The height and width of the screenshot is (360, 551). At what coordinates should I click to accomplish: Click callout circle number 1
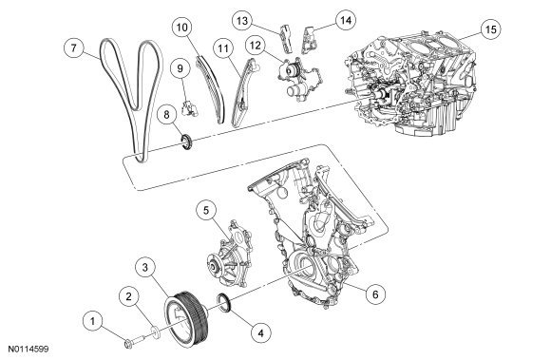(x=93, y=321)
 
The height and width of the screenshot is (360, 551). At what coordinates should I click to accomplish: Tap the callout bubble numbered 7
(x=73, y=47)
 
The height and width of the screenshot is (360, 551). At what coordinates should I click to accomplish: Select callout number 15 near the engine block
(x=490, y=29)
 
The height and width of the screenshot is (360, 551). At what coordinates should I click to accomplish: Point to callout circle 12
(x=256, y=46)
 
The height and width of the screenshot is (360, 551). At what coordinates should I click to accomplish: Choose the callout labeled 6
(x=375, y=294)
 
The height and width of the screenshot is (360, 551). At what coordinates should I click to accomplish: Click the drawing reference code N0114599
(x=28, y=350)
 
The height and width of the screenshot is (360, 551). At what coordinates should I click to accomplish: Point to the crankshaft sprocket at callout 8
(x=186, y=142)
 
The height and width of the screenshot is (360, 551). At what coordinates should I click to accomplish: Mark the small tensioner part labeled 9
(x=190, y=108)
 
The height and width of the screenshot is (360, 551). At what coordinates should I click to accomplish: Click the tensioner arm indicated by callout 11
(x=243, y=95)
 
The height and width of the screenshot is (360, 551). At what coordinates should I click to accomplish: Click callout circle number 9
(x=180, y=68)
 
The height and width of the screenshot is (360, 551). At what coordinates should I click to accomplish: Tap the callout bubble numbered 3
(x=145, y=268)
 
